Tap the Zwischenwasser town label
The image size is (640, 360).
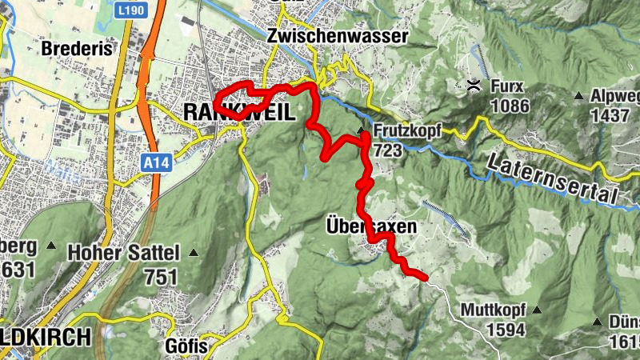(x=338, y=36)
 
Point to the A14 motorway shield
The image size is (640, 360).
(x=158, y=162)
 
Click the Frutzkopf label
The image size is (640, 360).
(x=406, y=131)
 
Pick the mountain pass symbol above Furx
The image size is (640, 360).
(x=474, y=85)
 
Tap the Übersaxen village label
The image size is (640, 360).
(x=371, y=227)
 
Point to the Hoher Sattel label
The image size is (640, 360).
(x=123, y=253)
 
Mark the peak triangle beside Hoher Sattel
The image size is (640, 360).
(x=192, y=253)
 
